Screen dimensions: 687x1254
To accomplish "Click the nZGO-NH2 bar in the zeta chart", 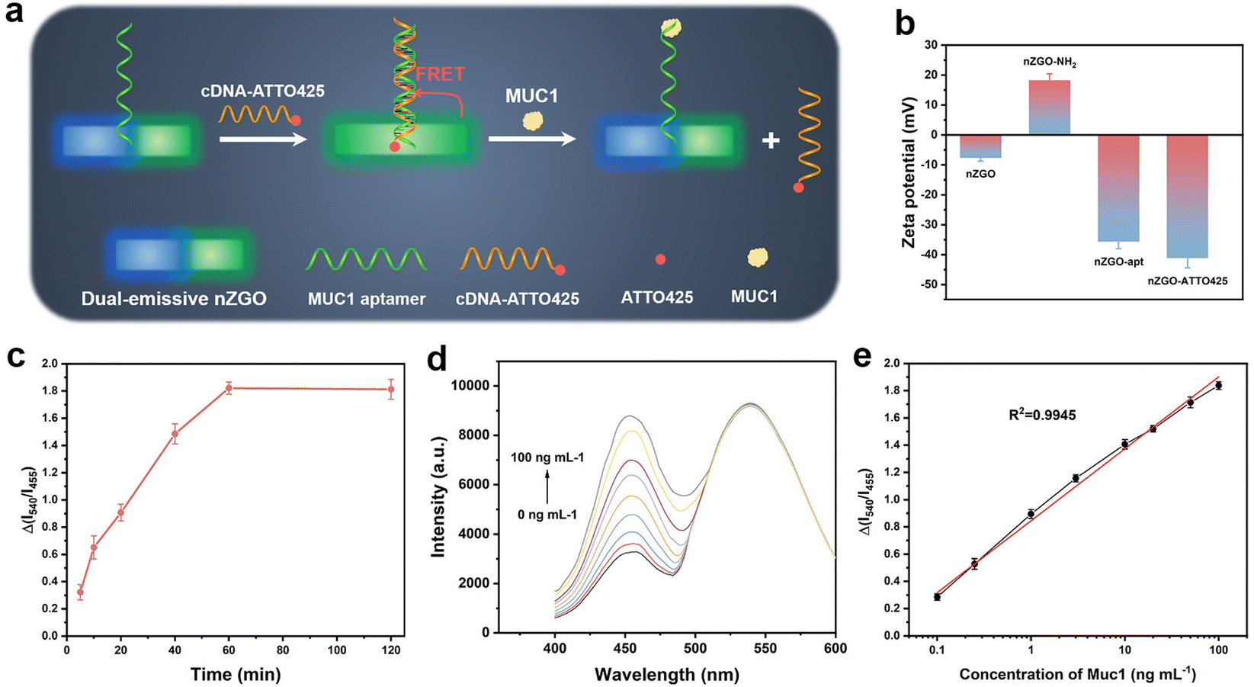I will (x=1050, y=108).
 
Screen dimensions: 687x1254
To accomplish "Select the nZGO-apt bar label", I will (x=1118, y=262).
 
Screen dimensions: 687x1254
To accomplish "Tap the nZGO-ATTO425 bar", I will (x=1187, y=196).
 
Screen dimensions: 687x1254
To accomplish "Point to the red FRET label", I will (x=440, y=74).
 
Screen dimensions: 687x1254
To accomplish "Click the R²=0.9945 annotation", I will (x=1042, y=416).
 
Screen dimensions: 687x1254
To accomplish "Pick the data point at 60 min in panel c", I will (x=229, y=388).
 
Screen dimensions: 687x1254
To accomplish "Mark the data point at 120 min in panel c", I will (x=391, y=390).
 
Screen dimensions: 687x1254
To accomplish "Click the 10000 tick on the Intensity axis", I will (x=470, y=386).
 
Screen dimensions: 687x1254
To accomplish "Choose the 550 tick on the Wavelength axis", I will (x=765, y=648).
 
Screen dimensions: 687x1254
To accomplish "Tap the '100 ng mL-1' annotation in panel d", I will (x=547, y=457).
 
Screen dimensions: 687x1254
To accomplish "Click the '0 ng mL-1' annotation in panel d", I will (x=547, y=515).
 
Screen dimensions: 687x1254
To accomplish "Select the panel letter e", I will (x=862, y=357).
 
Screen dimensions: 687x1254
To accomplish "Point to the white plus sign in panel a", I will (x=771, y=140).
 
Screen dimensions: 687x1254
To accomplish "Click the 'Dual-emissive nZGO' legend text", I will (x=174, y=299).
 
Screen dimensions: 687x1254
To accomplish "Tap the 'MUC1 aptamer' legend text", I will (x=367, y=299).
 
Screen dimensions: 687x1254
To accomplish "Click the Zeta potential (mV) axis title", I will (x=909, y=172).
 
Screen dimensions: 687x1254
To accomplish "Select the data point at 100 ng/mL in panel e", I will (x=1218, y=386).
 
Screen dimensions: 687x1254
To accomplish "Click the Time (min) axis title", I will (x=236, y=674).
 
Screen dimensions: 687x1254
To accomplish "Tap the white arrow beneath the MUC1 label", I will (x=531, y=139).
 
